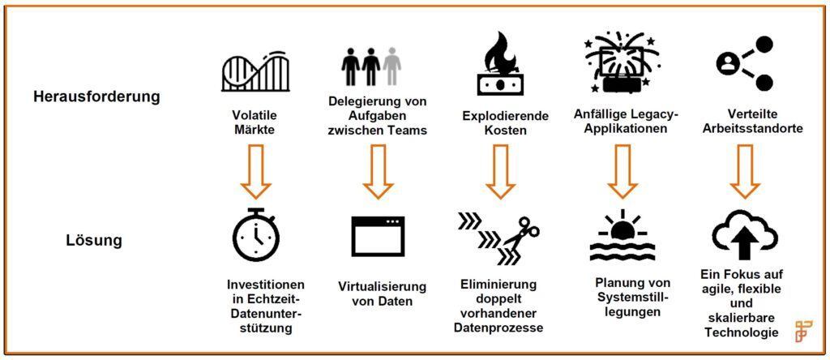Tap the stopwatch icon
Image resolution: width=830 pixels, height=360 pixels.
(x=255, y=234)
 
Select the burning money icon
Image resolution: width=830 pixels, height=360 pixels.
(x=499, y=66)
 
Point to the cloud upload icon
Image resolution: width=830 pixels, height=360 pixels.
(x=745, y=234)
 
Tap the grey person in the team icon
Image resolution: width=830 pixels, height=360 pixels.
(x=392, y=65)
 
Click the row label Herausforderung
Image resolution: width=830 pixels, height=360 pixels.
(x=96, y=96)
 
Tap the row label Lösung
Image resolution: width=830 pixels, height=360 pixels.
(x=94, y=240)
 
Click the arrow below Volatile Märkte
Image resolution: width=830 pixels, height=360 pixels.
(x=255, y=171)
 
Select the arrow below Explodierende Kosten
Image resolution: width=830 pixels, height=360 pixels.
(x=499, y=171)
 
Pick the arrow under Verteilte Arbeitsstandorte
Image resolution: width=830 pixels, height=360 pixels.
(x=745, y=171)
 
